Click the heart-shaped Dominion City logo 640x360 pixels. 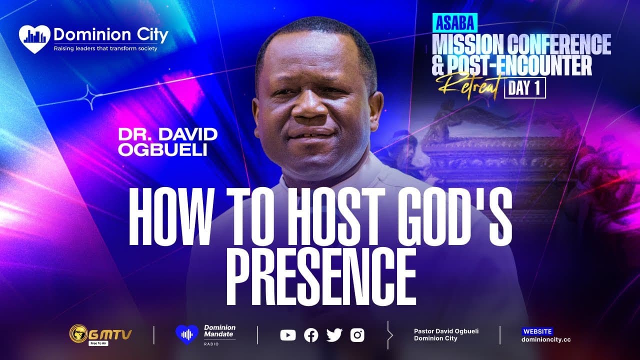(x=34, y=39)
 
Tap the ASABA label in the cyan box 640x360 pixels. (x=454, y=22)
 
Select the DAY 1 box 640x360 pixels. (x=525, y=87)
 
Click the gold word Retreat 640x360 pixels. (x=468, y=86)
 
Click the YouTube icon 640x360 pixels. (x=287, y=335)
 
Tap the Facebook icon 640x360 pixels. (x=311, y=335)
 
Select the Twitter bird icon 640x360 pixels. (x=334, y=335)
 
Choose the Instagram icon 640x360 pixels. (x=357, y=335)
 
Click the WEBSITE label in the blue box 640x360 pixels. (x=537, y=331)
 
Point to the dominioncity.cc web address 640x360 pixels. (x=546, y=339)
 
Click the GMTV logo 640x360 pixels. (x=100, y=335)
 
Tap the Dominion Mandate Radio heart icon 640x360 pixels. (x=187, y=334)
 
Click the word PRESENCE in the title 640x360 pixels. (x=321, y=276)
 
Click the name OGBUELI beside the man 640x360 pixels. (x=162, y=150)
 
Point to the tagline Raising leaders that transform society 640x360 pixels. (x=105, y=48)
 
